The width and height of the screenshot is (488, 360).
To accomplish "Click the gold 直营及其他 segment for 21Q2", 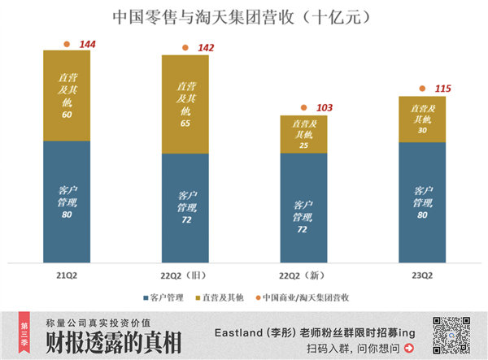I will pos(67,95).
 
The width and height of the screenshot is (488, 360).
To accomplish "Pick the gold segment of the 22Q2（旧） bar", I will pos(185,104).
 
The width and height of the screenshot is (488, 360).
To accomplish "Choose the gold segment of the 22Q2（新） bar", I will pos(303,134).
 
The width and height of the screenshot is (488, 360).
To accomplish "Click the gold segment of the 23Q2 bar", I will pos(422,119).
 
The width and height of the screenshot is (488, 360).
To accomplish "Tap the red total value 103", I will pos(325,108).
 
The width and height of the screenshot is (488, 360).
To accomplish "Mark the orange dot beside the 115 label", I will pos(422,89).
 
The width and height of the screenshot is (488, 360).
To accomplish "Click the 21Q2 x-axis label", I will pos(67,275).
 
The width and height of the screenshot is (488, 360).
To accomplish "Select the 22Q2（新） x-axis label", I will pos(303,275).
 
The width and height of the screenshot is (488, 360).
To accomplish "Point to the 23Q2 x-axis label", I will pos(422,275).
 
